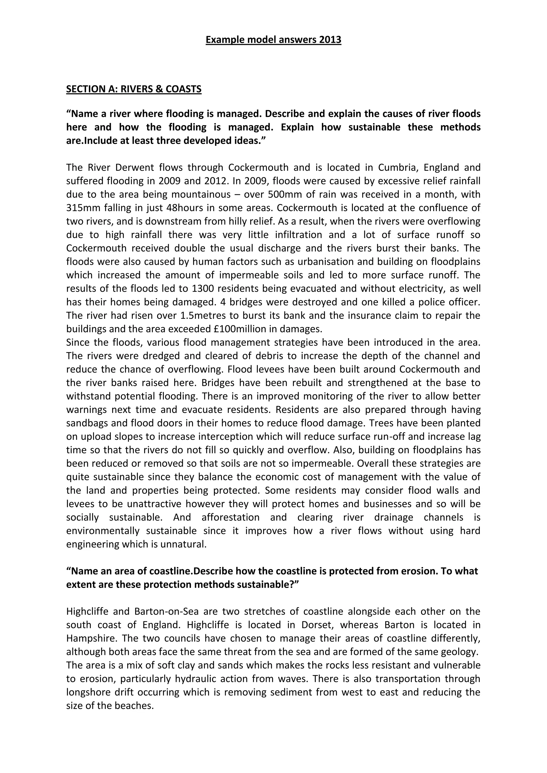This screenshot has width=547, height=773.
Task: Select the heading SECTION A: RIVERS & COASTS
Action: pyautogui.click(x=134, y=89)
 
